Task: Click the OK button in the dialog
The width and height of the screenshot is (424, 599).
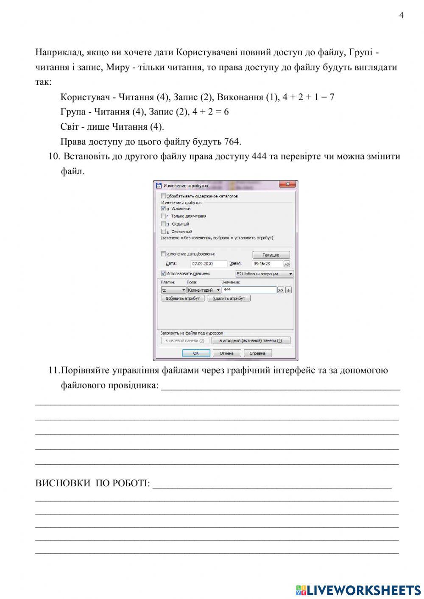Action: point(196,353)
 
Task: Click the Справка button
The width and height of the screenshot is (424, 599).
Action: point(257,353)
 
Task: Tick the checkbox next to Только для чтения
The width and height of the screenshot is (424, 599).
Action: point(164,216)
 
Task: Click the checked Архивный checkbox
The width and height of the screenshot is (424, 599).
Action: point(164,209)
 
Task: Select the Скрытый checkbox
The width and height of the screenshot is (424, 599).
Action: point(164,224)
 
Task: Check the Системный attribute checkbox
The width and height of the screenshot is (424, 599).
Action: point(164,231)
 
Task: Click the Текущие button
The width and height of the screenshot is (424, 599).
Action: point(271,255)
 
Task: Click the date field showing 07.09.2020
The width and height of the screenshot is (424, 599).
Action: point(208,264)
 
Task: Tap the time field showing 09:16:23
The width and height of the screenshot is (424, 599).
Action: point(267,264)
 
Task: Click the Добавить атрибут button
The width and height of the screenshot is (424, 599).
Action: point(183,298)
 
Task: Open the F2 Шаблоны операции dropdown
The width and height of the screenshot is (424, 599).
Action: point(264,274)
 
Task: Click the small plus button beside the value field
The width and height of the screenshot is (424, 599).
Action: point(288,290)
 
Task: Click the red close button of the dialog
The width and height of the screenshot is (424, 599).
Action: point(287,184)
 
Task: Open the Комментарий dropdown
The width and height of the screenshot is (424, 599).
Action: point(204,290)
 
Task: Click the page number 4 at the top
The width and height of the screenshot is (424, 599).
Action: point(401,16)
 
